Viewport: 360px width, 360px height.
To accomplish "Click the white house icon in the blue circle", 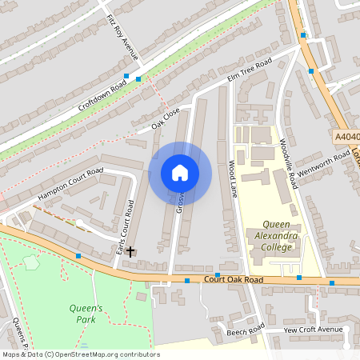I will click(x=180, y=173).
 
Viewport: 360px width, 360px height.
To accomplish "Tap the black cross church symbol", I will click(x=130, y=251).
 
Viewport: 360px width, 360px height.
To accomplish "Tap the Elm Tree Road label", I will click(x=250, y=70).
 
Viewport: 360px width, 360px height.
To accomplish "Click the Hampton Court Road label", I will click(x=70, y=184).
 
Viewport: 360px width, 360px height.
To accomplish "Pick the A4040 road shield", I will click(x=346, y=138).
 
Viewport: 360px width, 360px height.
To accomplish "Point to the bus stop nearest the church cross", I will click(x=78, y=256).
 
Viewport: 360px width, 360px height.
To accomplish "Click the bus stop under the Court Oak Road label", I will click(x=218, y=274).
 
